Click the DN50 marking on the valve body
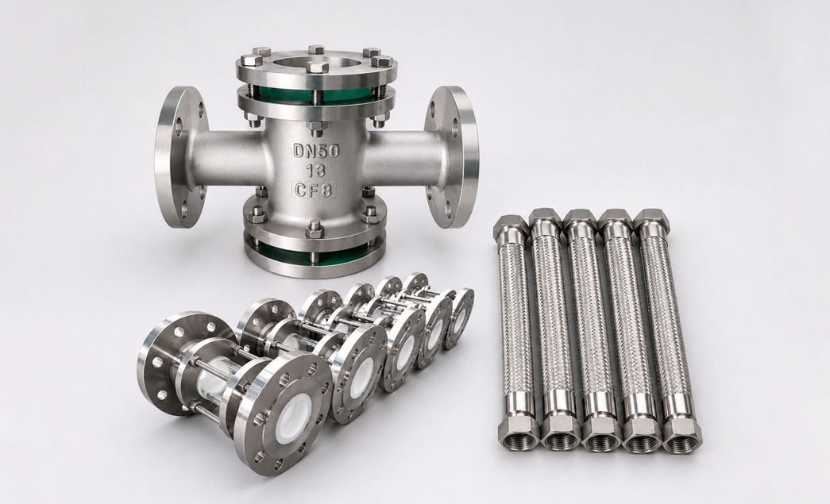point(317,151)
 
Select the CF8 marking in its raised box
point(315,188)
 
